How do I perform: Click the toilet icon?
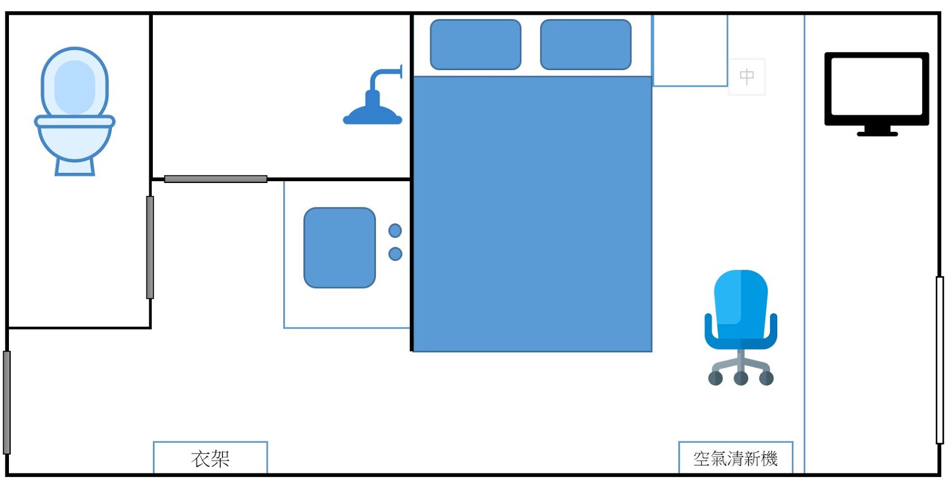(x=74, y=113)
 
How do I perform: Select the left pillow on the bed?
(x=475, y=45)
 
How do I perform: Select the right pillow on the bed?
(x=585, y=45)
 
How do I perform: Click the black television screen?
(x=876, y=86)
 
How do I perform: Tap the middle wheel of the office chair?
(x=741, y=378)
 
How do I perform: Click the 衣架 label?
(x=210, y=458)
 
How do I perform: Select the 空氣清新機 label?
(x=735, y=458)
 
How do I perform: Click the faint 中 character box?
(x=747, y=77)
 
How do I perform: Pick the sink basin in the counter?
(x=340, y=248)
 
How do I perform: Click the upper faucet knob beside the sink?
(x=395, y=231)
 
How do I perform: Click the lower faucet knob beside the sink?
(x=395, y=254)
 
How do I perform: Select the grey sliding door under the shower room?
(x=215, y=179)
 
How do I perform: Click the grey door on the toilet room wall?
(x=150, y=247)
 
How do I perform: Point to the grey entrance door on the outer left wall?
(x=7, y=402)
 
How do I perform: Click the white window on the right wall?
(x=940, y=359)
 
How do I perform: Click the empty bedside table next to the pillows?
(x=690, y=51)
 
